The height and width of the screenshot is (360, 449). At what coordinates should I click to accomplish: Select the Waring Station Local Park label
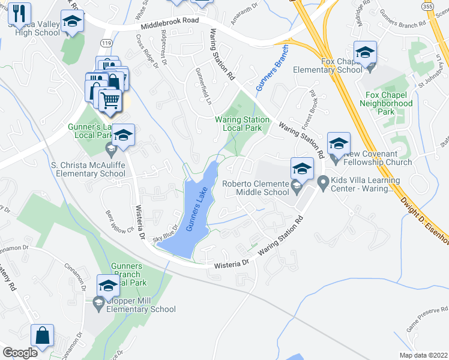click(242, 124)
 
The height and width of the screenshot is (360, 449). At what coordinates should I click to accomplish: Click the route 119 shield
click(107, 44)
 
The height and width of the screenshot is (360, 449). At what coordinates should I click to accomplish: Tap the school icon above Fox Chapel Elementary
click(365, 52)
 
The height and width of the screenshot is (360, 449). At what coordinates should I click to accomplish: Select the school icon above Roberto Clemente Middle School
click(302, 168)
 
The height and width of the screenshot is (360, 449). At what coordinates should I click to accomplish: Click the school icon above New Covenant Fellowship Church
click(339, 143)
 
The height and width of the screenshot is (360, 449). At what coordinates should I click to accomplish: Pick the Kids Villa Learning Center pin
click(323, 181)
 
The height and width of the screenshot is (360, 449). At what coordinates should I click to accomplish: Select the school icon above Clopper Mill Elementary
click(108, 285)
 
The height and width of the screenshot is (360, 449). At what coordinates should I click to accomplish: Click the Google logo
click(20, 353)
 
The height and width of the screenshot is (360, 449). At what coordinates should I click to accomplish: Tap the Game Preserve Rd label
click(420, 324)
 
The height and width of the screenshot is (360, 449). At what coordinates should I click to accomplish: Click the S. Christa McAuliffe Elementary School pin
click(110, 148)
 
